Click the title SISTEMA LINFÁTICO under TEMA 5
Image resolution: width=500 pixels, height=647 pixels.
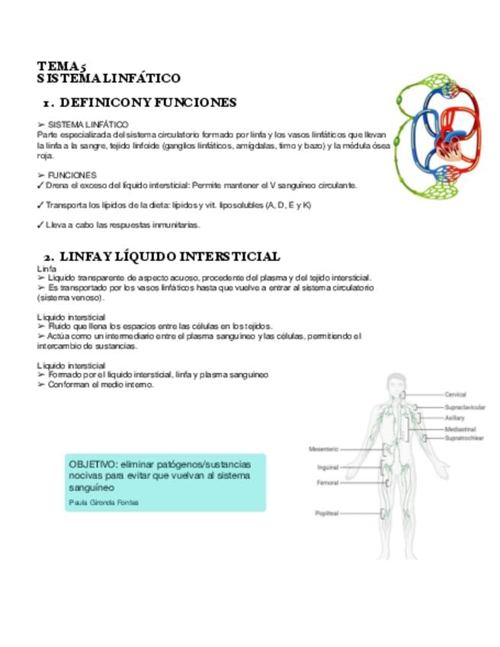coord(108,79)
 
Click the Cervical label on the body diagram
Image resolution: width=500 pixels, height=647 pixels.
coord(455,394)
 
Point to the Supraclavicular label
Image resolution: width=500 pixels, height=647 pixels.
coord(465,407)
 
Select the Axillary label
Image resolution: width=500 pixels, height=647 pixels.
coord(454,418)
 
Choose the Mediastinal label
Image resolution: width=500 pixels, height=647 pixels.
coord(460,430)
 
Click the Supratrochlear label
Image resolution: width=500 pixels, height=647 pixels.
coord(464,439)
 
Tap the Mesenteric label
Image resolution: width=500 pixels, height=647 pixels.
coord(323,449)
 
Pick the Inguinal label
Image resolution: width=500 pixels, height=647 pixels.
coord(328,467)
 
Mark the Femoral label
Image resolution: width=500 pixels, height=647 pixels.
coord(327,483)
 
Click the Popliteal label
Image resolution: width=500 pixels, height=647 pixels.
coord(326,513)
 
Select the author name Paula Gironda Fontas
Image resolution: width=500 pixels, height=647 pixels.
coord(104,503)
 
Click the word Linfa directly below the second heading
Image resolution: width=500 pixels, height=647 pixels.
coord(46,269)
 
